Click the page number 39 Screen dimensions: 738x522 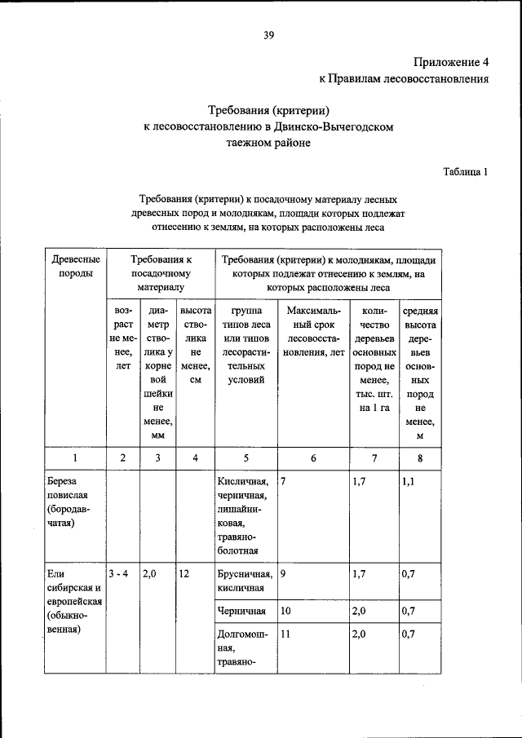[268, 33]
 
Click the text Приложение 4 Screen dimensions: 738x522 [450, 62]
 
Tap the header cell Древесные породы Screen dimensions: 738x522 [76, 265]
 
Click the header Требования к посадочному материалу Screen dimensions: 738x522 [161, 272]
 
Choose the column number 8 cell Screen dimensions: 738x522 [419, 458]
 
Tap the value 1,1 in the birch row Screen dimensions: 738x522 [409, 481]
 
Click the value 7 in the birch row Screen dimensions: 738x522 [283, 481]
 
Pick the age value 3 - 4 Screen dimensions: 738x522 [121, 574]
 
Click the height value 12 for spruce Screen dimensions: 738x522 [184, 574]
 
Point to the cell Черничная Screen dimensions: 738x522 [240, 610]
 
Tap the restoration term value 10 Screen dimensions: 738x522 [285, 610]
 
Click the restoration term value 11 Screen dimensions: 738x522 [285, 633]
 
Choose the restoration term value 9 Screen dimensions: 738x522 [283, 574]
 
